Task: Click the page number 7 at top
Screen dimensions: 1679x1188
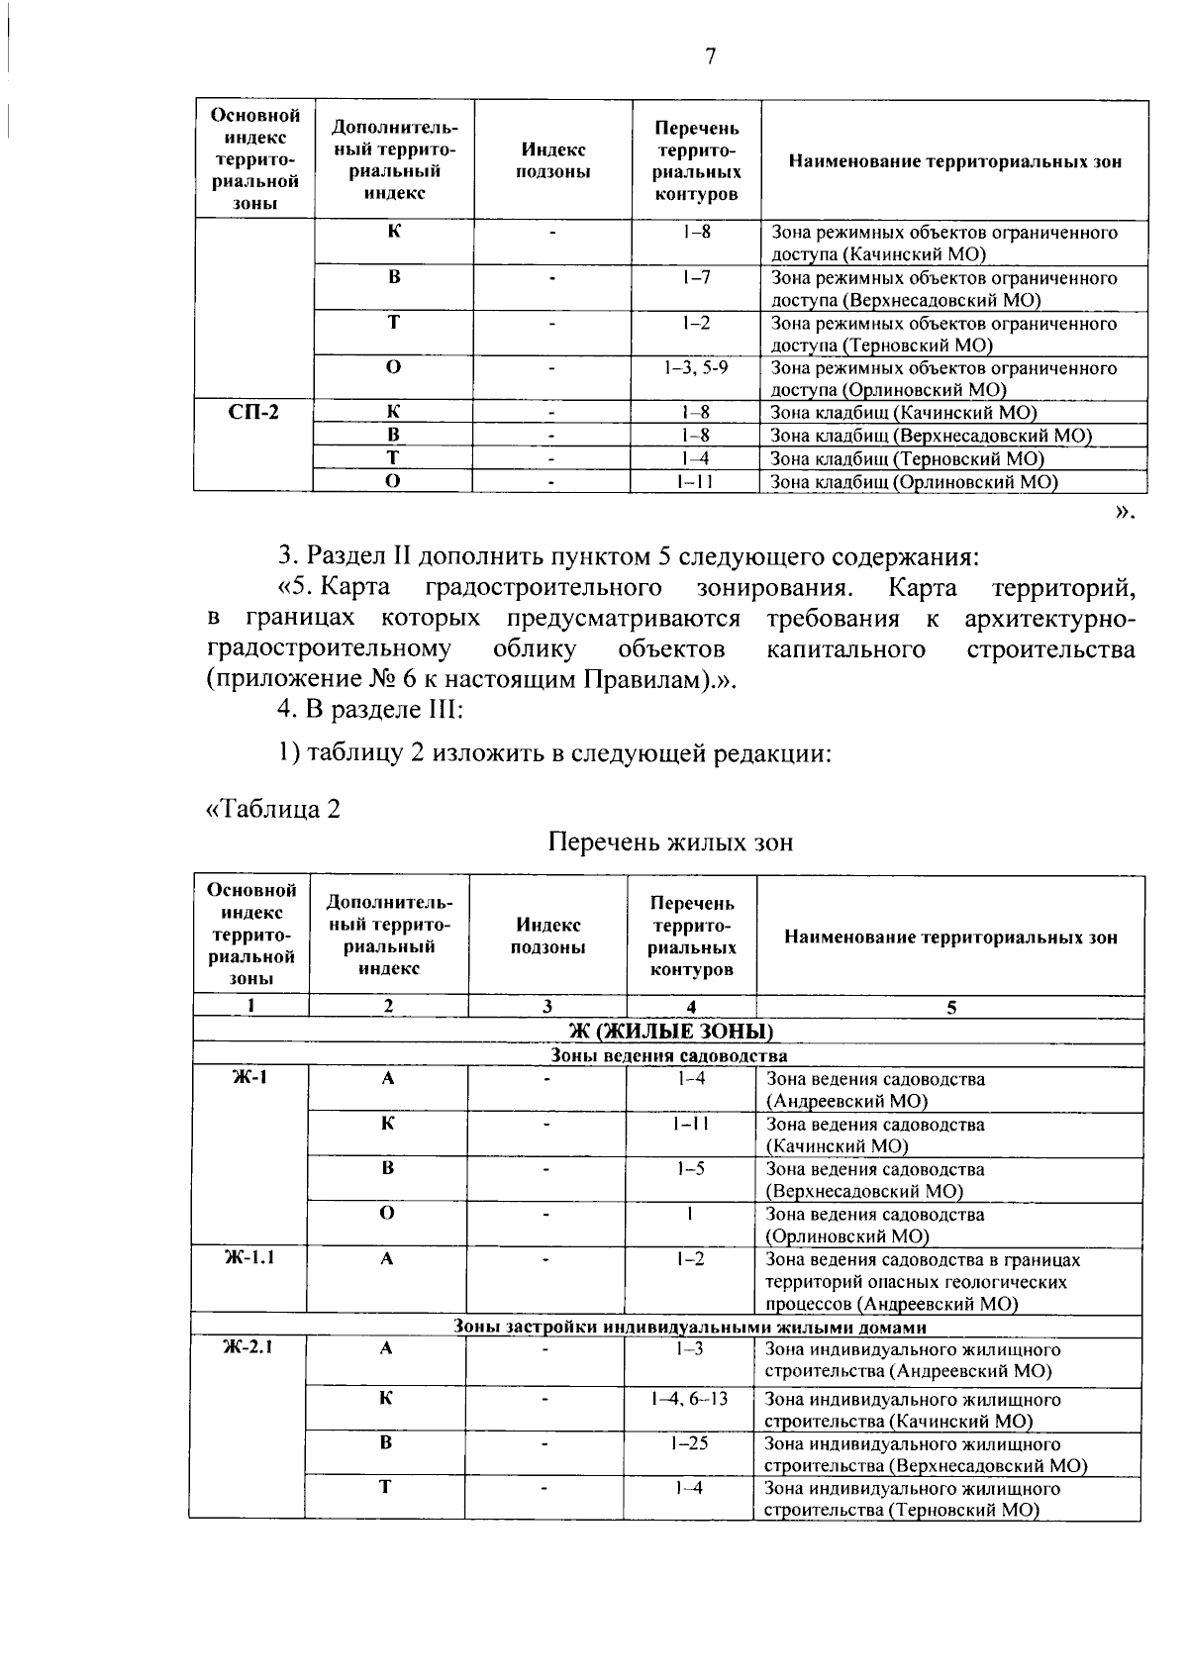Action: [x=710, y=57]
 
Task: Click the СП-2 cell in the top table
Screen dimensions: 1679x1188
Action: [x=253, y=413]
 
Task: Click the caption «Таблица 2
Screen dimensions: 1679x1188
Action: [x=272, y=809]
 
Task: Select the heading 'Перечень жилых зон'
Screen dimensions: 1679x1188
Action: [x=670, y=842]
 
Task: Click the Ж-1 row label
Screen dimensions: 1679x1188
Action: [x=249, y=1078]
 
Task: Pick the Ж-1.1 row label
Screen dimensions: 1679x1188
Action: [x=248, y=1258]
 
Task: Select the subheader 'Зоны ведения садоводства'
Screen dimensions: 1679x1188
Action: [x=668, y=1055]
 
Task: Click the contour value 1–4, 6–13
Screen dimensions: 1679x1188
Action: [x=690, y=1399]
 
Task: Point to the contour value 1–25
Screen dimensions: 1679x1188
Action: [x=690, y=1443]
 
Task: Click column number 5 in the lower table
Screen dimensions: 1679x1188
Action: [x=951, y=1008]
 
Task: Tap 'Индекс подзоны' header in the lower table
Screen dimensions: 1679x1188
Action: [x=548, y=936]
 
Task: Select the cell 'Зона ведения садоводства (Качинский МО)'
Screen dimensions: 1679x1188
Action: [x=875, y=1136]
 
